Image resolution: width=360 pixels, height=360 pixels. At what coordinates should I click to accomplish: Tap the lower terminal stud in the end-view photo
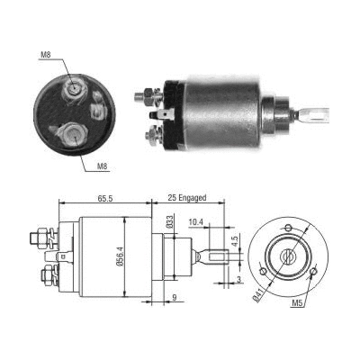70,135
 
